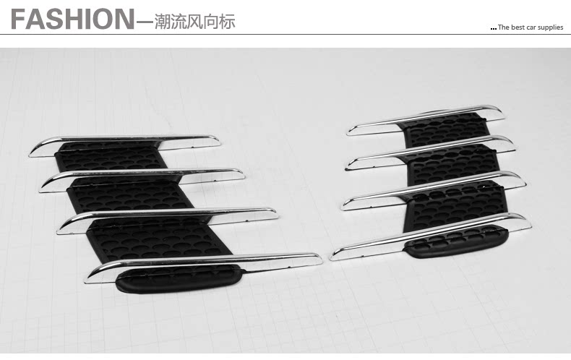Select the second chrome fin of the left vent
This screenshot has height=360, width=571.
coord(145,176)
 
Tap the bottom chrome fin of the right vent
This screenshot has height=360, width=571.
coord(434,233)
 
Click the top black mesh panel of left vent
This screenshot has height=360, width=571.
coord(108,155)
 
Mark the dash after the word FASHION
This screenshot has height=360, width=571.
coord(144,22)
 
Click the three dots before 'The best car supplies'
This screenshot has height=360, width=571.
coord(493,28)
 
